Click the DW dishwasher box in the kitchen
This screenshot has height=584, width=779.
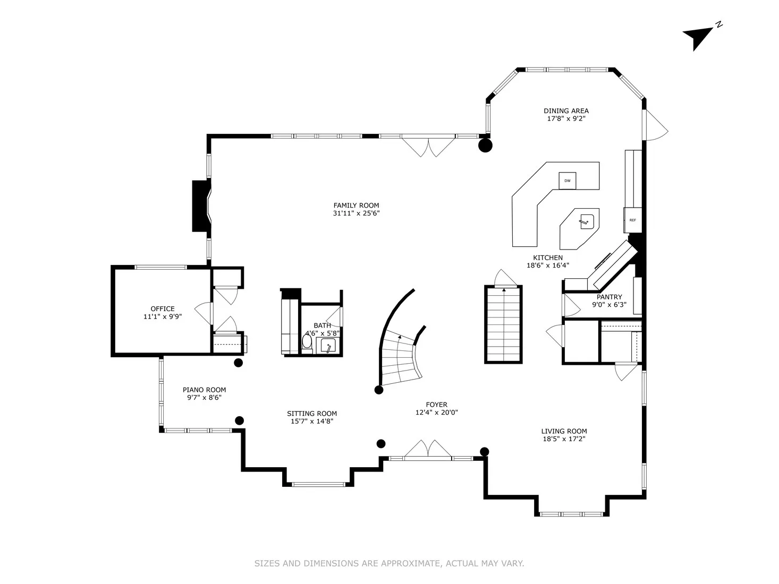coord(568,181)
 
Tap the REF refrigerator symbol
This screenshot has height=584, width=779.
coord(632,220)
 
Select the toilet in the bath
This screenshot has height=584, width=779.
coord(307,341)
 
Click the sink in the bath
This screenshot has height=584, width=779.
coord(329,346)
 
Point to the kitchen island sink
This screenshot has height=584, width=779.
coord(587,221)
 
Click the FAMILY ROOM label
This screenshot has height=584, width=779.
coord(356,205)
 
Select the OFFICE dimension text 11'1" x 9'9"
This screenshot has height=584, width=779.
coord(163,316)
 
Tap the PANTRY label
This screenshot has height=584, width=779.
coord(609,297)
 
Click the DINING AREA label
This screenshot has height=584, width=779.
coord(566,111)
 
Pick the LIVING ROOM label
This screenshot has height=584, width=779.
coord(564,431)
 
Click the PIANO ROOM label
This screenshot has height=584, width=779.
coord(204,390)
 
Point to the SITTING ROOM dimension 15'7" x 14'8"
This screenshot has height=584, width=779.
coord(312,421)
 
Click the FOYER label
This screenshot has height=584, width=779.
coord(436,405)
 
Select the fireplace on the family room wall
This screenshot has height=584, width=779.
coord(201,206)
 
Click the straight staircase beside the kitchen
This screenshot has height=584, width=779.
coord(503,324)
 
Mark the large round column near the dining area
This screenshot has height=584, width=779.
coord(485,145)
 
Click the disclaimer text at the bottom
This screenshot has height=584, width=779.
coord(389,563)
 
